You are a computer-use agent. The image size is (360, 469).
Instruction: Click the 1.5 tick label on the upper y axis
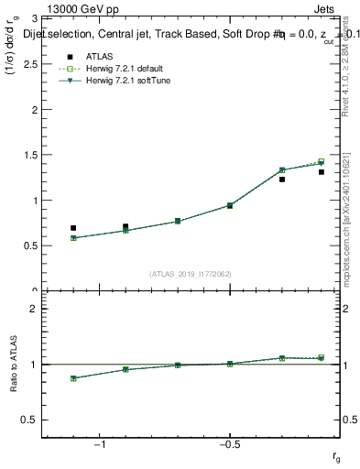31,155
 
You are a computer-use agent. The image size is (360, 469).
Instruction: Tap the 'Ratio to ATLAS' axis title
12,365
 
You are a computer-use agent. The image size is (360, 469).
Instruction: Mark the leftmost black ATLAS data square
73,228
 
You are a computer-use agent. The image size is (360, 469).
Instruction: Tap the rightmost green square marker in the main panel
322,161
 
